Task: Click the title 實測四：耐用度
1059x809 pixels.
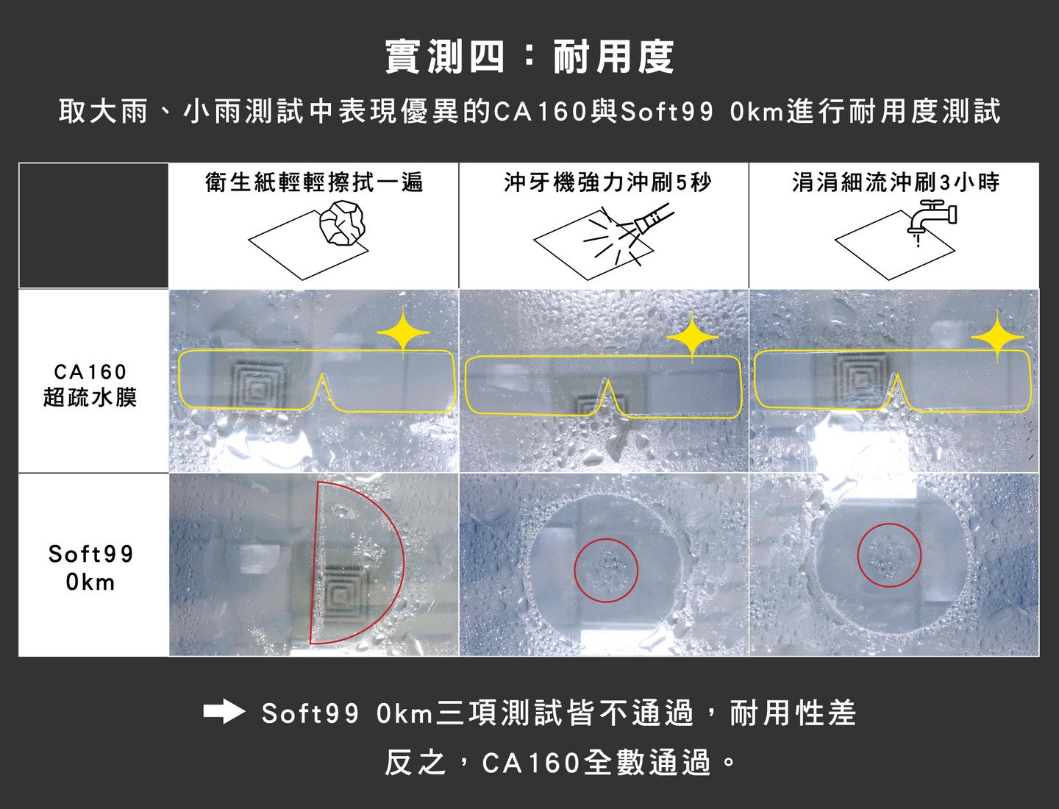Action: tap(529, 57)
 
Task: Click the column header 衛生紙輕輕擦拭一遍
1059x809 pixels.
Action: tap(314, 182)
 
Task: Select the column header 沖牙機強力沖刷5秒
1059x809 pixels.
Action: tap(607, 182)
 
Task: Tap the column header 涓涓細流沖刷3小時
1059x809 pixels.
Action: tap(896, 182)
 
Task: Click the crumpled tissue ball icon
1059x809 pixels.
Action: tap(343, 224)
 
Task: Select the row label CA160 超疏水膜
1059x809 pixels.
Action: tap(90, 385)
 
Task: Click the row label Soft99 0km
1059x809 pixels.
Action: tap(90, 568)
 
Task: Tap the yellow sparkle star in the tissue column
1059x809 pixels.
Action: tap(403, 332)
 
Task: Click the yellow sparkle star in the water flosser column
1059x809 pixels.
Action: tap(692, 337)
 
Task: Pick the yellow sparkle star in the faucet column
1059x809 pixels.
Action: tap(997, 336)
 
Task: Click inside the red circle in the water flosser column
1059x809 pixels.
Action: tap(606, 570)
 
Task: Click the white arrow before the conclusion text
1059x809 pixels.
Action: tap(224, 713)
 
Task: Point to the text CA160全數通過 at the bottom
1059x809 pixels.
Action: tap(596, 763)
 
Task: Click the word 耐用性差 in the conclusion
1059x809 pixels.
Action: tap(794, 713)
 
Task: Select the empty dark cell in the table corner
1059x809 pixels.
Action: tap(93, 225)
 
